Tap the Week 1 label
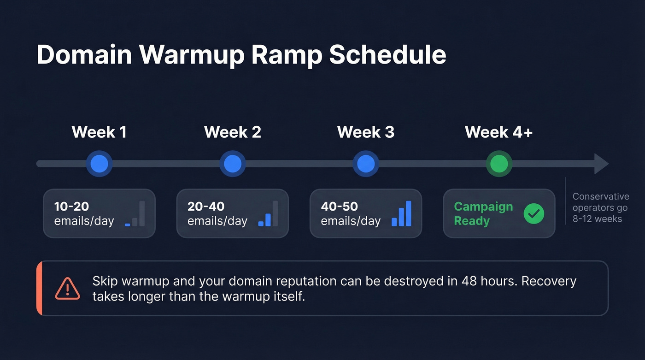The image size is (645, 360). point(99,132)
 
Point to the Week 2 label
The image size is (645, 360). point(232,132)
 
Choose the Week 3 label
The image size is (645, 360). point(366,132)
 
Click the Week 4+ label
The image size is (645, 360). point(498,132)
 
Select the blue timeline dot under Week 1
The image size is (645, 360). point(100,164)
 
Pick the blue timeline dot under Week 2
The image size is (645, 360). point(233,164)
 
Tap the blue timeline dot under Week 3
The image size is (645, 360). point(366,164)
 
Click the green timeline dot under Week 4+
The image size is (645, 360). point(499,164)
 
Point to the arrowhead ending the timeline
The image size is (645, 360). point(601,164)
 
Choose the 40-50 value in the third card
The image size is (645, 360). point(339,206)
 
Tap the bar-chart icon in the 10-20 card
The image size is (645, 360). point(135,214)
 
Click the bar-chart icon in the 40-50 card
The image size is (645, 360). point(401,214)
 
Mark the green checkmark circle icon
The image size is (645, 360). point(534,213)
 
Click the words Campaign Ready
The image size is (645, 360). point(483,213)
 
